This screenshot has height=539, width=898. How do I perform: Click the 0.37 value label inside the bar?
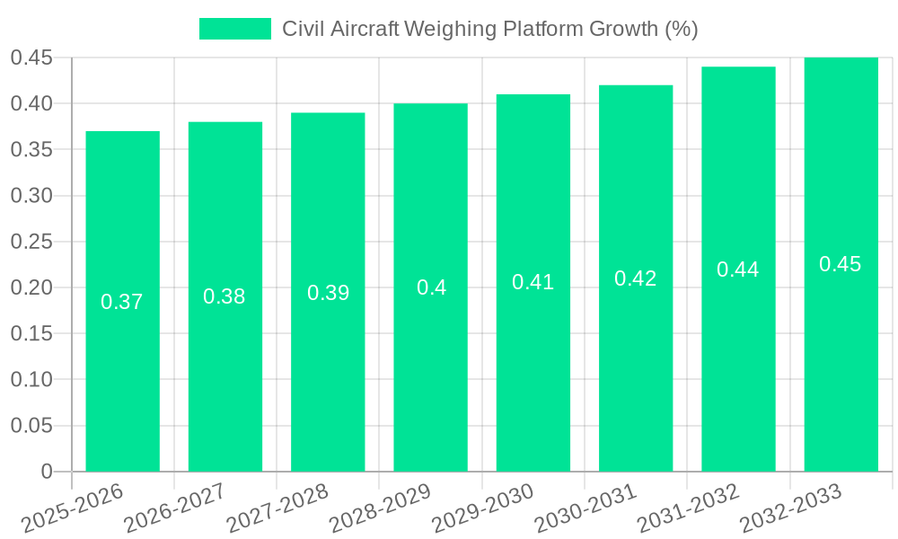point(122,302)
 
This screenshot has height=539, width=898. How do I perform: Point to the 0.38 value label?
point(224,296)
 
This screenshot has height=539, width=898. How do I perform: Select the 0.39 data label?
point(328,293)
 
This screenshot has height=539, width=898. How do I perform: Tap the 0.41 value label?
point(533,282)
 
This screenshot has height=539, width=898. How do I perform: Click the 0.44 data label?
point(738,269)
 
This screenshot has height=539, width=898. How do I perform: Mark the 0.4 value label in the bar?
point(431,287)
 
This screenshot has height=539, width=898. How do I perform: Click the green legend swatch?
point(234,29)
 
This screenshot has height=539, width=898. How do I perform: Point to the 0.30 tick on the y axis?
point(31,196)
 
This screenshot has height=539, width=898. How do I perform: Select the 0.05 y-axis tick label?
point(31,426)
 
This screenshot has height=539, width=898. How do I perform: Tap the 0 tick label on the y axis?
point(47,472)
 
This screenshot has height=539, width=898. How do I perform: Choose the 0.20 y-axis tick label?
point(31,287)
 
